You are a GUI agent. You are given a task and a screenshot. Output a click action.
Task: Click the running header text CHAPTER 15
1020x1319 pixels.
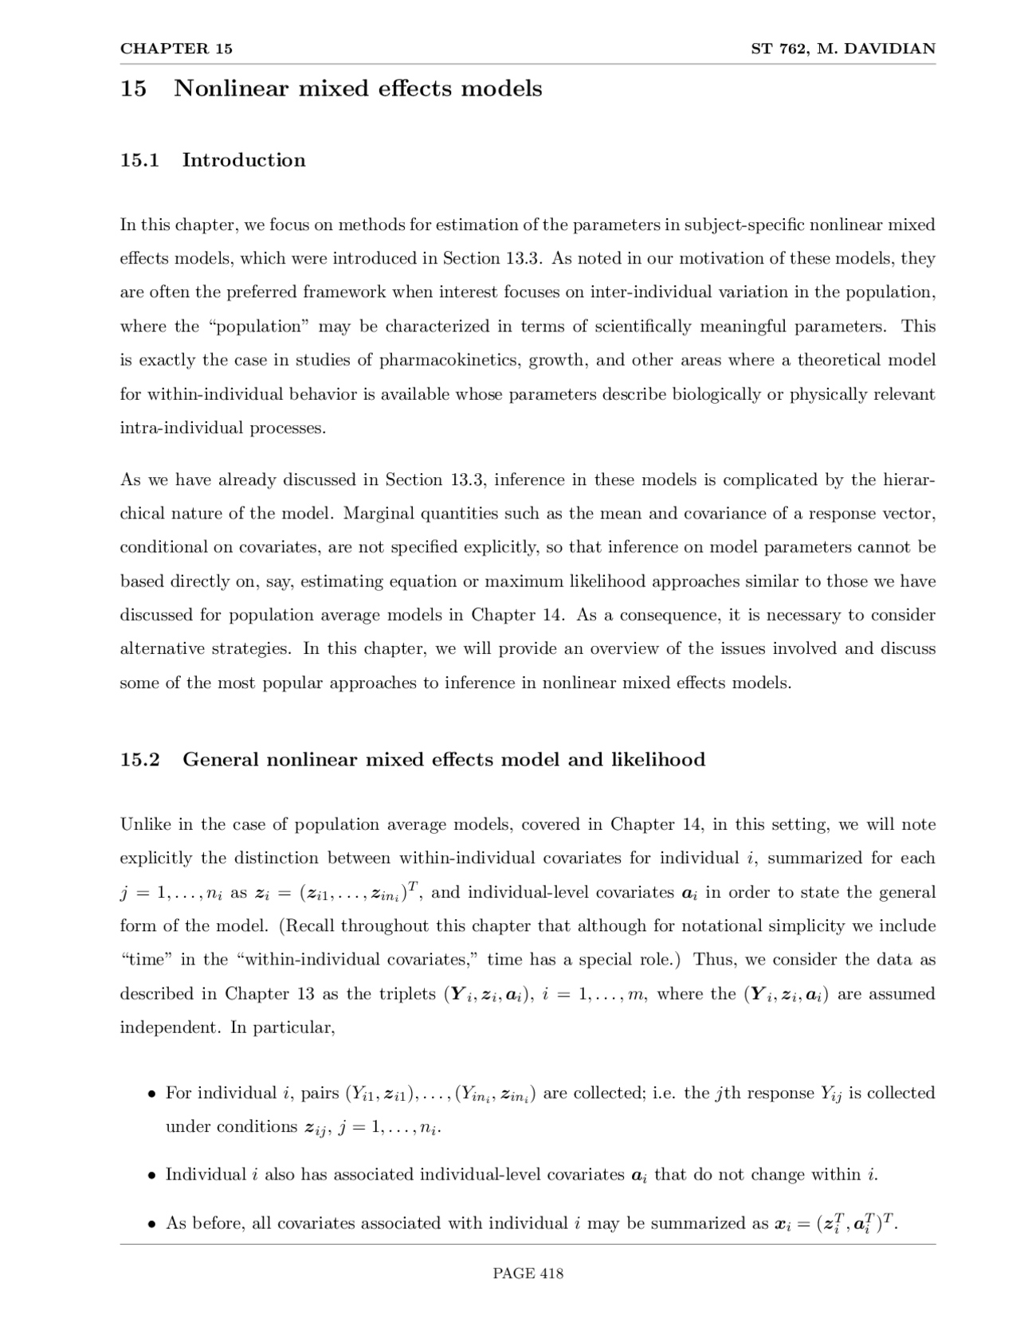176,49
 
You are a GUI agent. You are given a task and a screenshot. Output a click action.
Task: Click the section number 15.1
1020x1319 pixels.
139,160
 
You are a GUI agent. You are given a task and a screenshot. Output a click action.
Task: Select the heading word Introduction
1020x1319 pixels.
244,160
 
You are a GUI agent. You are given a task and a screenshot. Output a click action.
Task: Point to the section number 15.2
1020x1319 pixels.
139,760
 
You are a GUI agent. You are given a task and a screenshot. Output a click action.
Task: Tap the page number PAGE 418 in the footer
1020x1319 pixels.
528,1274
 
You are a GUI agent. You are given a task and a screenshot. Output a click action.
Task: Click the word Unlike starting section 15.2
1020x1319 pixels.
145,825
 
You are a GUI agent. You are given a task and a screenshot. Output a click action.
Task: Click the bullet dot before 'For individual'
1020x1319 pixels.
151,1094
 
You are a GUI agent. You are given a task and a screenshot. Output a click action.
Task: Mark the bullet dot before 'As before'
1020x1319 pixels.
151,1224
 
